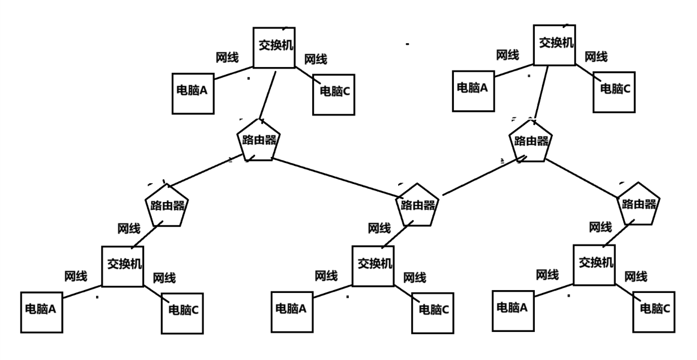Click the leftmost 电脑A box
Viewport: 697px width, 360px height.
pos(41,312)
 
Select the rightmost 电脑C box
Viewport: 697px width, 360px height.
pos(654,311)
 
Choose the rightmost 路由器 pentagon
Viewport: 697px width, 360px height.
pos(638,204)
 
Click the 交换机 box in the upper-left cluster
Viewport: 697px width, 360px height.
pos(274,47)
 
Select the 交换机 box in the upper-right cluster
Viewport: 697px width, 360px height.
pos(554,45)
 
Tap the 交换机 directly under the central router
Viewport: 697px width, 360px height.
pos(373,265)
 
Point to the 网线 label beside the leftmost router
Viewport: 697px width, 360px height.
pos(129,228)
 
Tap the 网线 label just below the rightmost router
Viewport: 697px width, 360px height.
pos(600,227)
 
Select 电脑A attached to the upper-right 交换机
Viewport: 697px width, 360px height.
pos(473,90)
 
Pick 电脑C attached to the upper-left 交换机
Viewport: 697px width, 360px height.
pos(334,94)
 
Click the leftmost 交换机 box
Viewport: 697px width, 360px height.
pos(123,266)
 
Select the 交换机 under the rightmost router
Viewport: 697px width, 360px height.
pos(594,264)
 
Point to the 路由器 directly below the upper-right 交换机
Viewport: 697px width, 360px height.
pos(531,141)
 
